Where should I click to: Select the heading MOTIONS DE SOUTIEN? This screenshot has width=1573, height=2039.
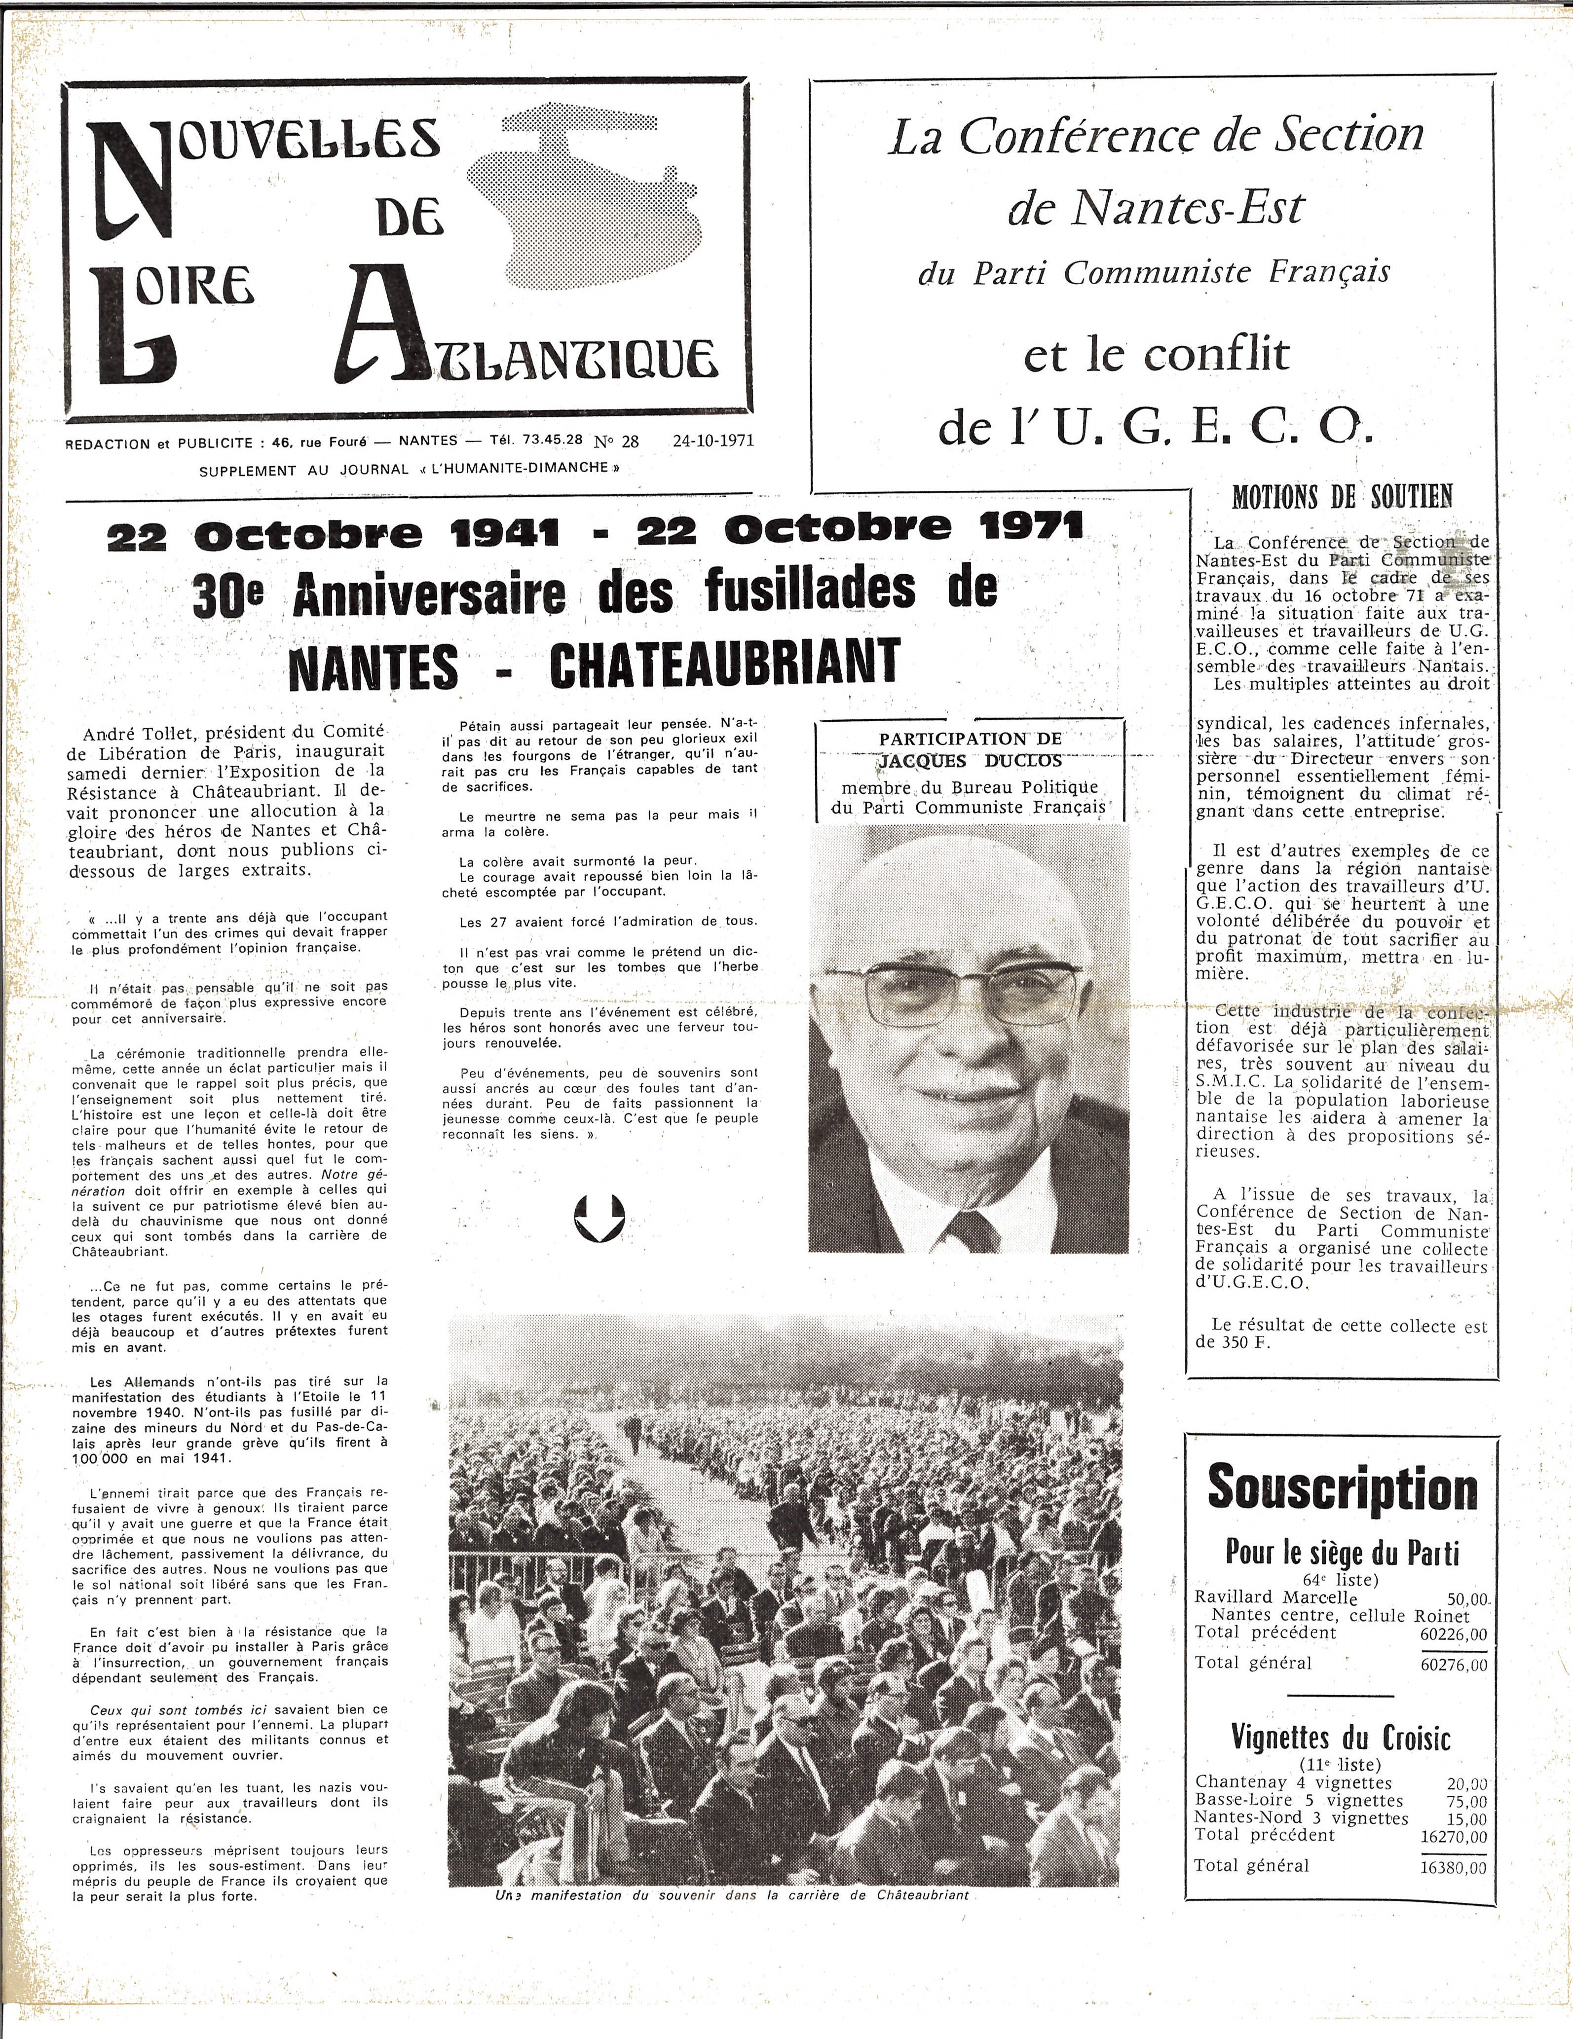(1343, 497)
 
